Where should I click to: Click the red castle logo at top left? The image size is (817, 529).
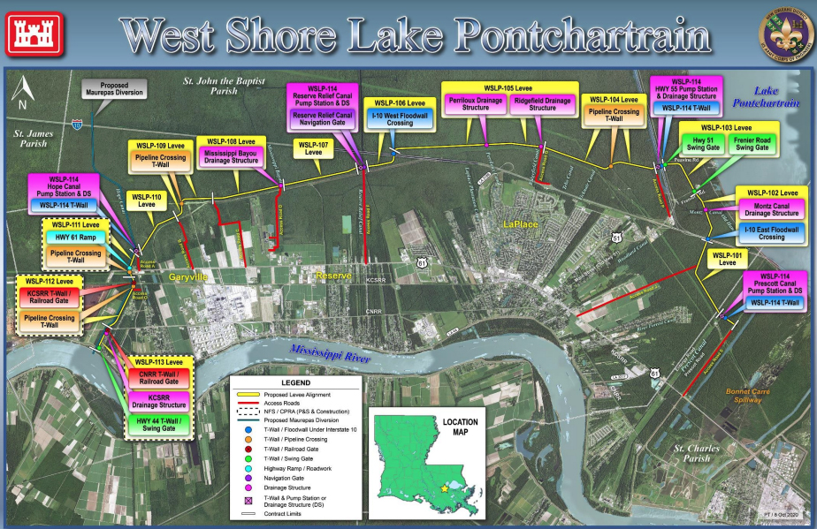[34, 34]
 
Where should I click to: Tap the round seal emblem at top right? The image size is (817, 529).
[783, 34]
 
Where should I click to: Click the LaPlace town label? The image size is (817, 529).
[522, 225]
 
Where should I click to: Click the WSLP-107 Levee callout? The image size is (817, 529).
[313, 148]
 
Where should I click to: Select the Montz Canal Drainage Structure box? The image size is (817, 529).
[770, 209]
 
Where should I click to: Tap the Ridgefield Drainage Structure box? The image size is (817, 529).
[542, 104]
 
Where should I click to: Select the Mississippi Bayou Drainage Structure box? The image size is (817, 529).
[231, 157]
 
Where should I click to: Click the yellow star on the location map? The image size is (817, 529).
[444, 486]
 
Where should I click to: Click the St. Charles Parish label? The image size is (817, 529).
[692, 452]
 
